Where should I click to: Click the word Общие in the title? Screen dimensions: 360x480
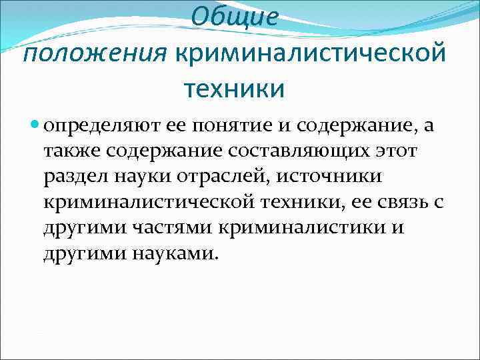click(233, 17)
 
